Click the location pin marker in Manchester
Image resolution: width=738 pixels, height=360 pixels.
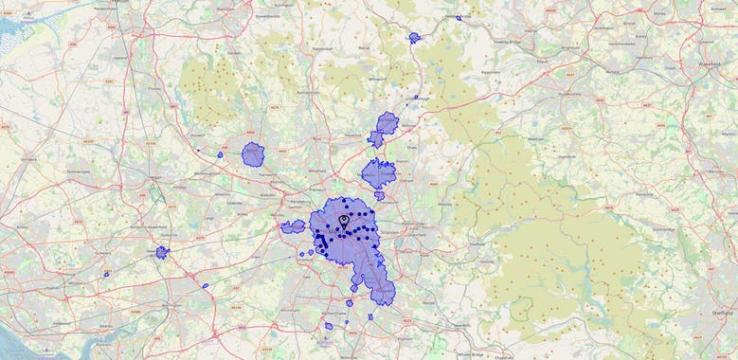coord(343,222)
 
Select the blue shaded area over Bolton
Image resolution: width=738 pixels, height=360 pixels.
coord(253,153)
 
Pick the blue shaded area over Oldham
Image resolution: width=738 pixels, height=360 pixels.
coord(378,173)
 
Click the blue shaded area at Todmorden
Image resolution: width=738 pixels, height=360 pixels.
coord(414,38)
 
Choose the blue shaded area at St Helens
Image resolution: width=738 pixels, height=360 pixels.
coord(162,252)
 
